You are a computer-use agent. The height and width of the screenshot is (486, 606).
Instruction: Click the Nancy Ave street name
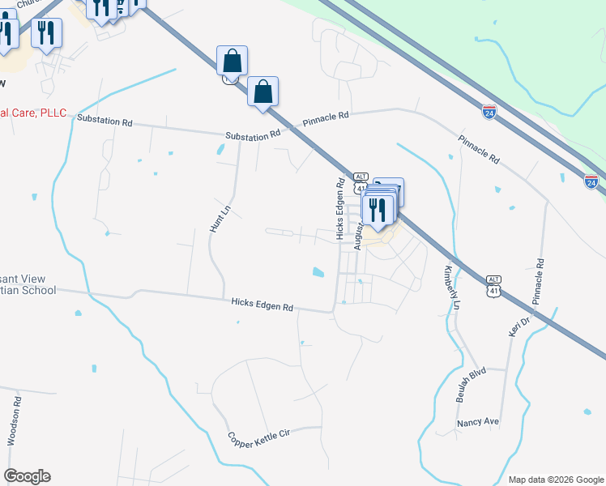click(478, 422)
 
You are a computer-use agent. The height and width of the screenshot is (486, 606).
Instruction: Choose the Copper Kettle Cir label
click(258, 438)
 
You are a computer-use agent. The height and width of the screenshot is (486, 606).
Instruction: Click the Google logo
click(27, 476)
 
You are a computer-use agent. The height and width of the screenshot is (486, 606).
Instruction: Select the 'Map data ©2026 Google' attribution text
click(555, 479)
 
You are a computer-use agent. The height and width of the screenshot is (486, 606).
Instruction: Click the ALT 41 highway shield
click(361, 181)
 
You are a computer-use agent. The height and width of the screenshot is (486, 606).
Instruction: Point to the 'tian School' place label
click(28, 290)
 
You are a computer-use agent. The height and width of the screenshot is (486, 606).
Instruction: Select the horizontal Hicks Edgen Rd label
click(262, 305)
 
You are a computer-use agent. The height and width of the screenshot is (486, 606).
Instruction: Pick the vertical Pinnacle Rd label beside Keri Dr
click(538, 282)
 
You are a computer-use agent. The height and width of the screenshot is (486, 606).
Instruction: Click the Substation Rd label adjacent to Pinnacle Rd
click(253, 136)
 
